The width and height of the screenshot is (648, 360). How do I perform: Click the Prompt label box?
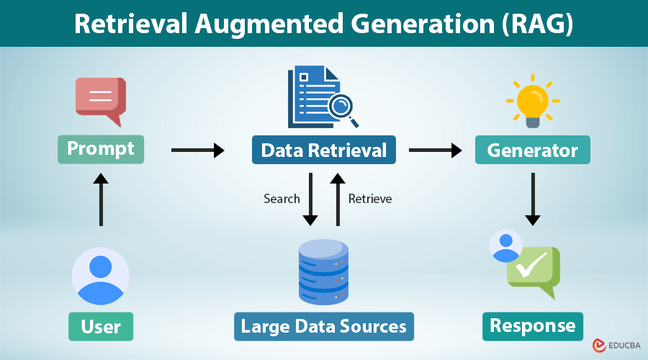101,149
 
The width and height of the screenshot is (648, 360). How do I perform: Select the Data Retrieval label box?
323,150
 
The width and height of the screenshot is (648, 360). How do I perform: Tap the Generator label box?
532,150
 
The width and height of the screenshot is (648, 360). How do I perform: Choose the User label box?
101,326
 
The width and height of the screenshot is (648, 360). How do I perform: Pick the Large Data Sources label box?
323,326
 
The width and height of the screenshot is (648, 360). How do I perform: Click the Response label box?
532,326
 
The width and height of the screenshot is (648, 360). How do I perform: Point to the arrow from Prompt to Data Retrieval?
197,150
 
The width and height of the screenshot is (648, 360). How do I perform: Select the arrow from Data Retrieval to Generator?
435,150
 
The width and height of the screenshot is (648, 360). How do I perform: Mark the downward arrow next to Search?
310,199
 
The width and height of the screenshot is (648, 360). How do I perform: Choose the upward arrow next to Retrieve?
336,199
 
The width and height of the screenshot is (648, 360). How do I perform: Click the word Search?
282,199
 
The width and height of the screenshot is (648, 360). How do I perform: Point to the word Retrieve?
370,199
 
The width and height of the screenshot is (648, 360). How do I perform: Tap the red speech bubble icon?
101,100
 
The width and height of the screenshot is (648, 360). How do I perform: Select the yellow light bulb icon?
532,100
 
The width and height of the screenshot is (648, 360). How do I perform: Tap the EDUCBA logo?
616,346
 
